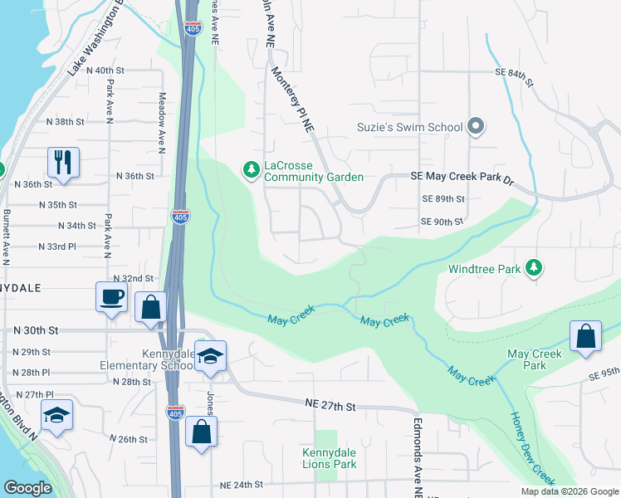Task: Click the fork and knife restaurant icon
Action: [x=63, y=161]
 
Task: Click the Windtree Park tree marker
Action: [x=536, y=268]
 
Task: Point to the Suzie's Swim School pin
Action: [x=475, y=127]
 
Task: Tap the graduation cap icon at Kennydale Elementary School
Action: [x=210, y=356]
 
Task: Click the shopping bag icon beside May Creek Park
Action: [x=585, y=337]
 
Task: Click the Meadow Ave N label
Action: [x=162, y=123]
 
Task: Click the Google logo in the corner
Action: [x=27, y=488]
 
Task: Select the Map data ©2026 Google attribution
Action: [x=569, y=491]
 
